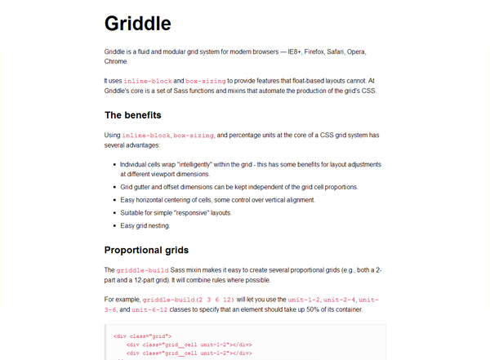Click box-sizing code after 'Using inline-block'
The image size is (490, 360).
click(x=194, y=135)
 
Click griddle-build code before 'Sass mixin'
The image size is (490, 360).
click(x=141, y=269)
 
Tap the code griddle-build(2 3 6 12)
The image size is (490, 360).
click(x=189, y=300)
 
